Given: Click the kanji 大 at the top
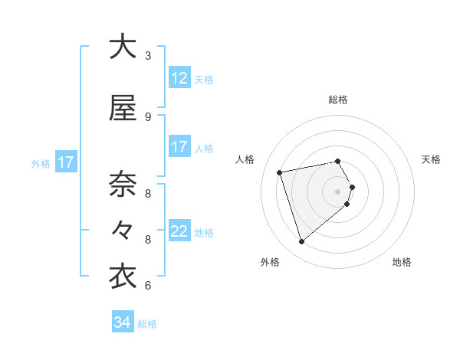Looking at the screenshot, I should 123,47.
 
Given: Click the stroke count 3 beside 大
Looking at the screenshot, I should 148,55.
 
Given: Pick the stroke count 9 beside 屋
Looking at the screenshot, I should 148,116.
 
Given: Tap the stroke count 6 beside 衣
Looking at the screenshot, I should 148,286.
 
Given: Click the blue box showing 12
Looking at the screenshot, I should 179,78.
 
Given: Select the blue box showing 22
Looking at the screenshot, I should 179,232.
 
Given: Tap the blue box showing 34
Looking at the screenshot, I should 123,322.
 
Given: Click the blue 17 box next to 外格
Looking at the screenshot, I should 65,162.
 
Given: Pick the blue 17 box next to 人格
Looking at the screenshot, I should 179,147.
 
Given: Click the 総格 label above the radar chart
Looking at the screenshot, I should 338,100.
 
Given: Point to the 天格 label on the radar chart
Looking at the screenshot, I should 432,159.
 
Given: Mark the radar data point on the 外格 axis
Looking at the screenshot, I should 302,242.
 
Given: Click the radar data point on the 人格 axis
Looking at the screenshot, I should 280,172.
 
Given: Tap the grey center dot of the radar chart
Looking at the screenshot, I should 338,191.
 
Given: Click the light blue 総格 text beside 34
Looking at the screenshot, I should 147,324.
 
